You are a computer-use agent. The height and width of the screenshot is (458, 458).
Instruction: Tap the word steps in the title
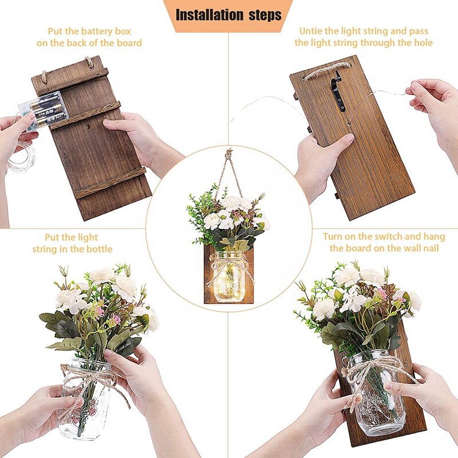(x=262, y=14)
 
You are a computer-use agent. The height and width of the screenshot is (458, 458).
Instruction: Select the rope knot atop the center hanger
(x=229, y=155)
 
